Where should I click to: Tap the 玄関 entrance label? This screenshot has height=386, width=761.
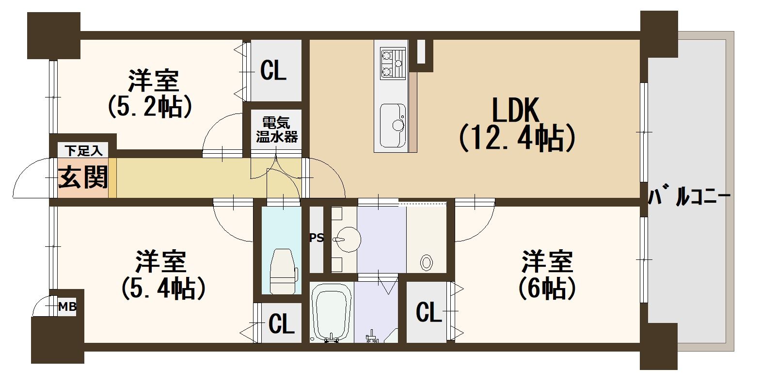coord(83,177)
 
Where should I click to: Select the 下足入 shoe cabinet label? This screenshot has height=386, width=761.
coord(83,150)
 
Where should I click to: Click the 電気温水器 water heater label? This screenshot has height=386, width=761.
coord(277,129)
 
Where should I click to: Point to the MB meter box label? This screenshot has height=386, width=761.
coord(67,306)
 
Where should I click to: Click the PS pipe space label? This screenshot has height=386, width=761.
coord(317,238)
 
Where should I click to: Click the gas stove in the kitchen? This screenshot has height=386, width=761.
coord(393,64)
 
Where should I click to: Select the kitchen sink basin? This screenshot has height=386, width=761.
coord(393,126)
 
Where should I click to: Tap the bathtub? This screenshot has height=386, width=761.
coord(331,312)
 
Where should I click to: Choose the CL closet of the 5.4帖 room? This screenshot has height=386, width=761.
coord(281,323)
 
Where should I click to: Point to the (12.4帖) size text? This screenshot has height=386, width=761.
coord(517,138)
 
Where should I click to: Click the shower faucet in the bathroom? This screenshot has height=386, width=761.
coord(372,336)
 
